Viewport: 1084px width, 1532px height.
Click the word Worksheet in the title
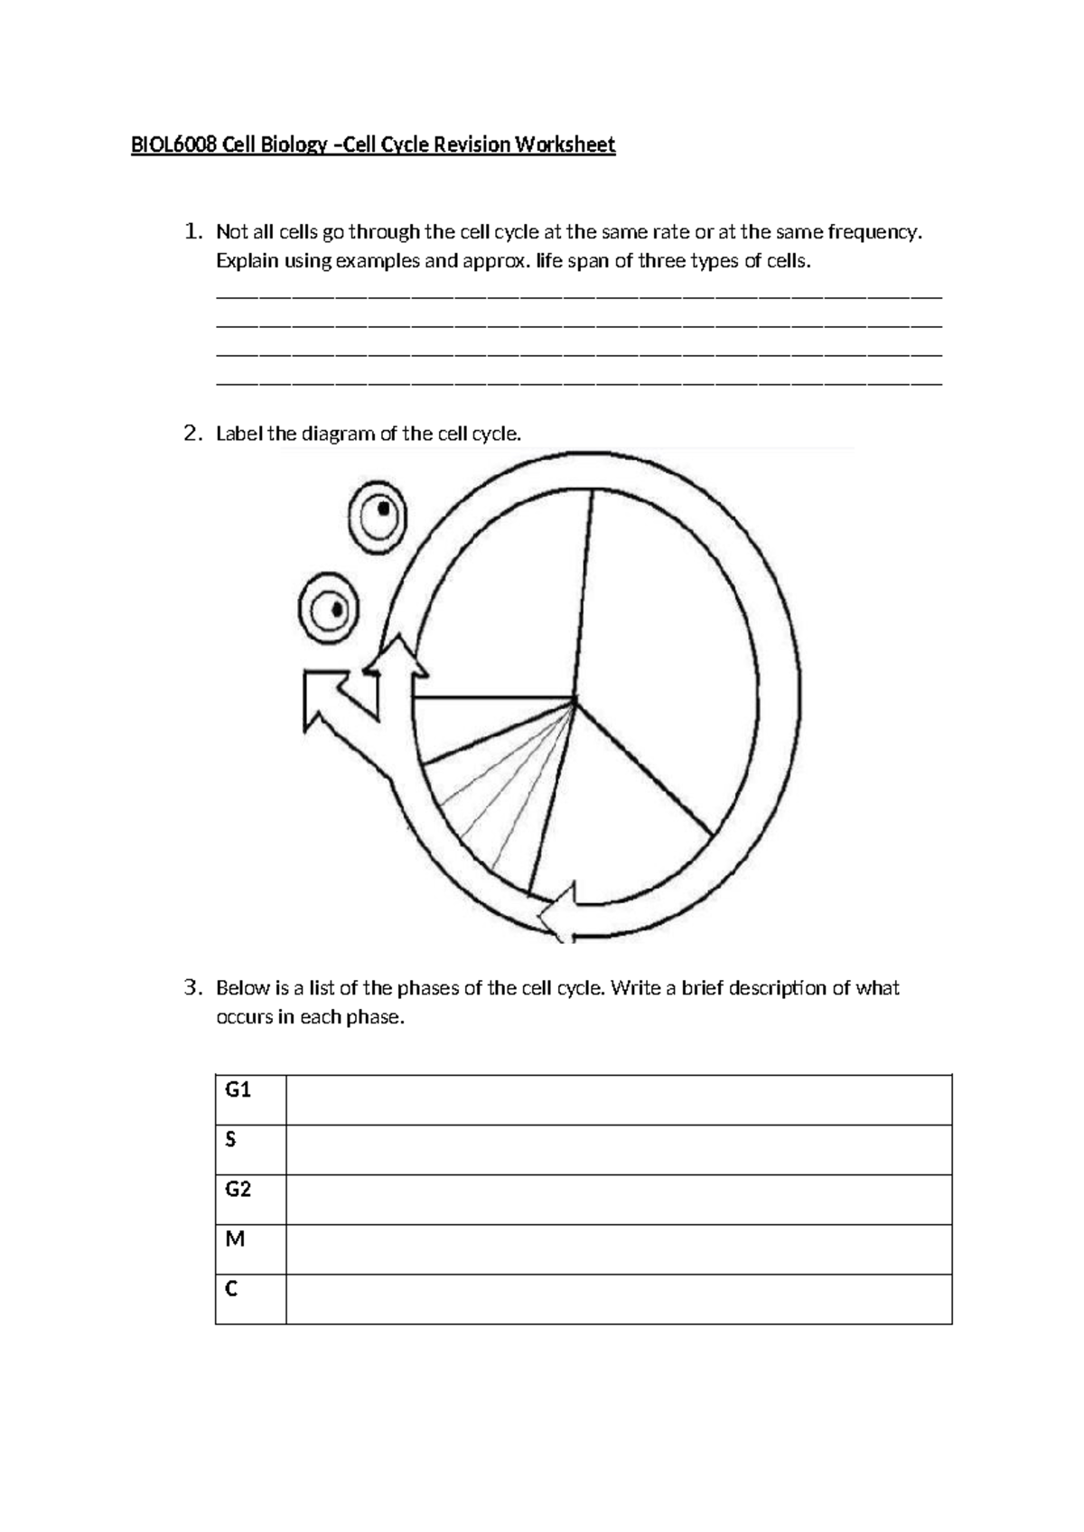coord(565,145)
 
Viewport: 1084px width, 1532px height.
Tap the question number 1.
coord(191,231)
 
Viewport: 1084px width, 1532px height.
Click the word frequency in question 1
coord(874,231)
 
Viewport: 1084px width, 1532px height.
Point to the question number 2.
coord(191,434)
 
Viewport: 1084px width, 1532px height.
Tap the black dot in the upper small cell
coord(384,509)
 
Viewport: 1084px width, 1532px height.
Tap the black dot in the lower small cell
coord(338,609)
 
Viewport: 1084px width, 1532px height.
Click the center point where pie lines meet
coord(575,698)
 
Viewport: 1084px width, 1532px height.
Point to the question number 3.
coord(191,987)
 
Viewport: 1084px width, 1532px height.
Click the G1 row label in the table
coord(238,1090)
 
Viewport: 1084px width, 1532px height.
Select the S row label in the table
coord(230,1140)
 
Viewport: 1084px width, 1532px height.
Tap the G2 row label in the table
coord(238,1190)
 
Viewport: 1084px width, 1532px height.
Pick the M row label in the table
coord(235,1239)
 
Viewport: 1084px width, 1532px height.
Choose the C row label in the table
coord(231,1289)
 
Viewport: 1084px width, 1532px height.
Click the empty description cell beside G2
coord(619,1200)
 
